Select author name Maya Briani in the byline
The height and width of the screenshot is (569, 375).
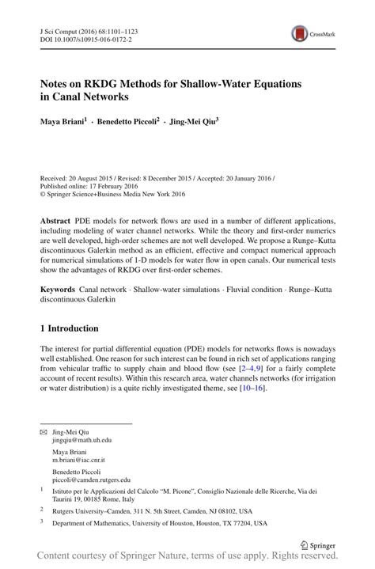click(x=64, y=123)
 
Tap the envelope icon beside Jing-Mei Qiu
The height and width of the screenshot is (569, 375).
click(x=44, y=432)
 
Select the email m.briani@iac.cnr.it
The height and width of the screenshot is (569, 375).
click(x=79, y=460)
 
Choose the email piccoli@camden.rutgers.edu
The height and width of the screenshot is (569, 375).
click(x=91, y=480)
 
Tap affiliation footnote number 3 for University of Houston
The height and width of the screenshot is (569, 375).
click(x=42, y=522)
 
